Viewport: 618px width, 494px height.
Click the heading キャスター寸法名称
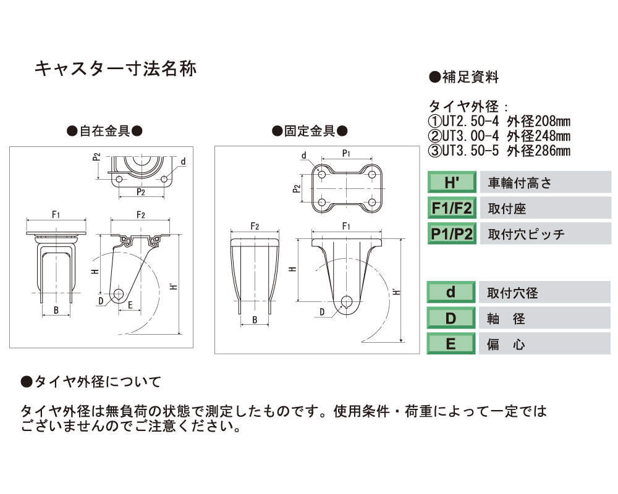click(x=116, y=69)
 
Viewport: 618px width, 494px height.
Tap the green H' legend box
click(x=452, y=182)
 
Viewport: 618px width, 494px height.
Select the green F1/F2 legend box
click(x=452, y=208)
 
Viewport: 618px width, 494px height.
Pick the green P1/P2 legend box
click(x=452, y=233)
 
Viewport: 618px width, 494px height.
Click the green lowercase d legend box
click(x=451, y=292)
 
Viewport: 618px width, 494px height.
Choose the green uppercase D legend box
click(x=451, y=318)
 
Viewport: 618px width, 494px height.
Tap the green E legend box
click(x=451, y=344)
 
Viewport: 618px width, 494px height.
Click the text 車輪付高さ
click(x=520, y=183)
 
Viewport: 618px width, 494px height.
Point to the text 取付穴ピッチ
click(x=526, y=235)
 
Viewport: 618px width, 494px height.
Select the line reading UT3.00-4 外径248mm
click(x=499, y=136)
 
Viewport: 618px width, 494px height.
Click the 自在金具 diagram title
click(x=105, y=131)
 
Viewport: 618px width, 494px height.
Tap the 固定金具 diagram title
click(x=310, y=131)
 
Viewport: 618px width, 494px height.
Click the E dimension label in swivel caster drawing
click(x=130, y=305)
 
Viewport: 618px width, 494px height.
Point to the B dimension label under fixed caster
click(x=255, y=320)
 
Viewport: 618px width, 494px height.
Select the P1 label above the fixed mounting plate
click(x=346, y=153)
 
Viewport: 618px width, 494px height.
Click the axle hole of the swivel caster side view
click(x=118, y=293)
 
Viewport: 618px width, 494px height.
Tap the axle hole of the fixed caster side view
click(x=347, y=301)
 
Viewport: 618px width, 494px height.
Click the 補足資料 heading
click(x=464, y=77)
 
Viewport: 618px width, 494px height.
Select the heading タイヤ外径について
click(x=91, y=382)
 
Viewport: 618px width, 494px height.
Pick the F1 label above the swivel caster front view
click(x=56, y=215)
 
